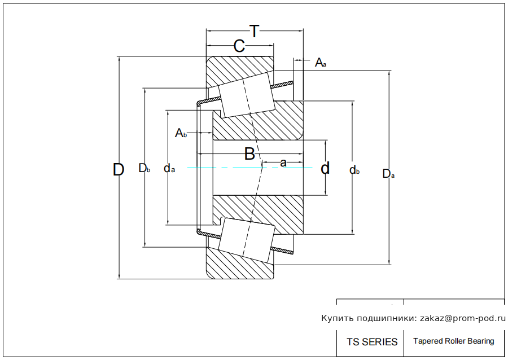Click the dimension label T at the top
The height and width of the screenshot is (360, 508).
[x=255, y=32]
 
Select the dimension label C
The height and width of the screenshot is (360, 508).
[x=239, y=47]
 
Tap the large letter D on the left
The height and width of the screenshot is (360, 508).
[x=118, y=169]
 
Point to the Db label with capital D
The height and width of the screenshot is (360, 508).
[x=144, y=168]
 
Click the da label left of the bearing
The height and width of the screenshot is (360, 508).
[x=169, y=168]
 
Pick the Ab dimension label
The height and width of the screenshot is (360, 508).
[x=181, y=133]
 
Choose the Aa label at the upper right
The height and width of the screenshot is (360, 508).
[x=320, y=63]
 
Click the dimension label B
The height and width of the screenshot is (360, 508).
[x=249, y=153]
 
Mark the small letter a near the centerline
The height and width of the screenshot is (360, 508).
[x=283, y=163]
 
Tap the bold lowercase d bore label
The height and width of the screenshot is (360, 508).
[x=325, y=168]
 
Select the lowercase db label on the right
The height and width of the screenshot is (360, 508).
[x=354, y=170]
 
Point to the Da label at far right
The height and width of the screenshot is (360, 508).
[x=388, y=174]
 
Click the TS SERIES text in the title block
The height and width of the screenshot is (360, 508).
[x=372, y=342]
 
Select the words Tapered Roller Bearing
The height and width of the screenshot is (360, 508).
[x=453, y=341]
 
